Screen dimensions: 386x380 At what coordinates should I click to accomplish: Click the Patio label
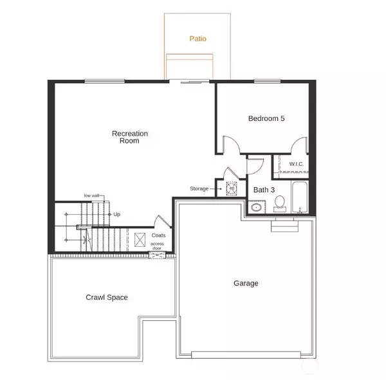click(x=198, y=39)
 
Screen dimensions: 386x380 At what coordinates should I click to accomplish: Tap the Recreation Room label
click(x=130, y=137)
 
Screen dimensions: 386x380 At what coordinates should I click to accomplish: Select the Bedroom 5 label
click(x=266, y=118)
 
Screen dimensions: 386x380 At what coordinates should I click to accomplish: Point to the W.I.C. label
click(x=297, y=164)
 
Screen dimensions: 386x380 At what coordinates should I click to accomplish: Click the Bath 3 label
click(x=264, y=190)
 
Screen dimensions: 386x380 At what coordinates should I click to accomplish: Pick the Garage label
click(x=246, y=284)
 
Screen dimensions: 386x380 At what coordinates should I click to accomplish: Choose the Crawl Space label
click(x=107, y=297)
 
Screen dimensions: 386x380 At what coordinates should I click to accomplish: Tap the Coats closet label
click(x=158, y=235)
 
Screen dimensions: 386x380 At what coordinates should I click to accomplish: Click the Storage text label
click(x=199, y=188)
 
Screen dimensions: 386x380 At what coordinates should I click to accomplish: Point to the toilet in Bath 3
click(x=280, y=204)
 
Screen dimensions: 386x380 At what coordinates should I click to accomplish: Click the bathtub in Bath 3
click(x=300, y=197)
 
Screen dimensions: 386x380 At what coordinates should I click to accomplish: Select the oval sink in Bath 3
click(x=256, y=208)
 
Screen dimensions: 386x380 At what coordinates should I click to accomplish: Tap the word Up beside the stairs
click(x=116, y=214)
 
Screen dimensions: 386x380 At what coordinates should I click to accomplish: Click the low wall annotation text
click(x=91, y=195)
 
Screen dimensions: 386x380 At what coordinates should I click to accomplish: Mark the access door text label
click(x=157, y=246)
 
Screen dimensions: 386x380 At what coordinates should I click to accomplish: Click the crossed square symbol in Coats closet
click(x=140, y=240)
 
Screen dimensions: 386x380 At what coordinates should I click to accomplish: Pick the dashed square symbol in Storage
click(x=232, y=189)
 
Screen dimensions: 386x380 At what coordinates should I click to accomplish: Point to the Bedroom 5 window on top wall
click(x=268, y=81)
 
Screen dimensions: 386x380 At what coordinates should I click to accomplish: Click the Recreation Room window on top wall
click(x=105, y=81)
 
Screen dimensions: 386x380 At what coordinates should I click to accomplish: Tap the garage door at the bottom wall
click(x=246, y=355)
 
